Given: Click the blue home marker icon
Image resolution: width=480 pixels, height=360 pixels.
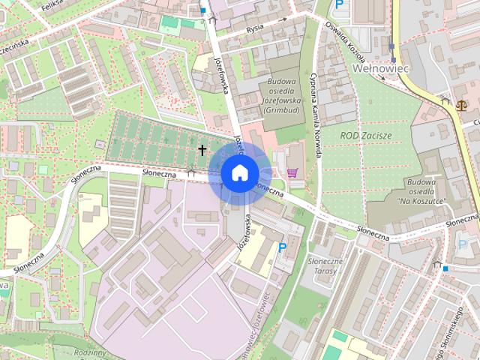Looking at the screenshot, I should [239, 173].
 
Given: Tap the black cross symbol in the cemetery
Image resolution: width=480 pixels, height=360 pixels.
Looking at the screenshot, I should [202, 150].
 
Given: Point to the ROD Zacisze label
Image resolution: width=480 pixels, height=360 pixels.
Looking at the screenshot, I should [366, 134].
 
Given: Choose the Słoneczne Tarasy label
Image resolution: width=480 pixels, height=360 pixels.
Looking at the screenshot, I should [326, 265].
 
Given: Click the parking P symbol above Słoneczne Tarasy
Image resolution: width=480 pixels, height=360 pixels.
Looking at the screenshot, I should [282, 247].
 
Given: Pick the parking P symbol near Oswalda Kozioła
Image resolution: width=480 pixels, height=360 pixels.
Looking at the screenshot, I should [340, 4].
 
